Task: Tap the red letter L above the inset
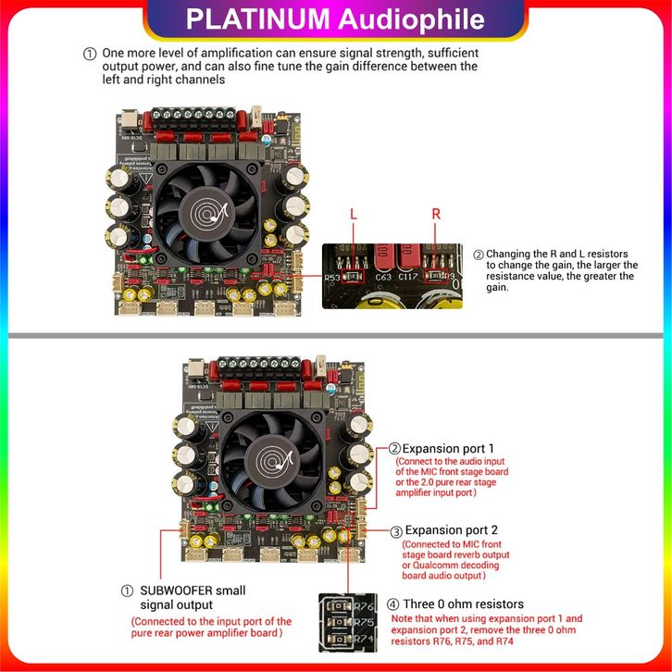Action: point(353,214)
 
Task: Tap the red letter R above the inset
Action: point(437,214)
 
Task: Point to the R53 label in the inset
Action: point(333,276)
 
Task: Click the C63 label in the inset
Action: point(384,276)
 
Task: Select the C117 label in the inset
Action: point(410,276)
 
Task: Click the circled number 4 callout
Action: point(392,604)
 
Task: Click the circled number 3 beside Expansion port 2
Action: point(396,532)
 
